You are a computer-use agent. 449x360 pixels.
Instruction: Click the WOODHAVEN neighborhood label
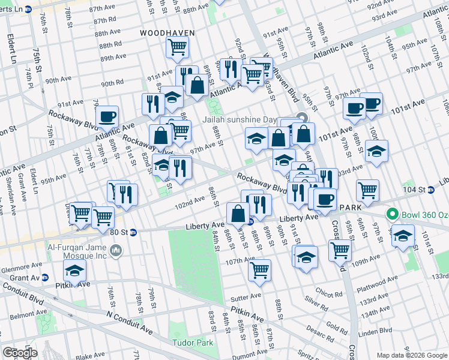(x=164, y=32)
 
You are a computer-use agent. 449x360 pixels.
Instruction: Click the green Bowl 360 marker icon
(x=393, y=214)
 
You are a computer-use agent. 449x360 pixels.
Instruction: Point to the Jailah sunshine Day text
(x=258, y=119)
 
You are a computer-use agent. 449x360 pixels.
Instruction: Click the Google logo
(x=20, y=352)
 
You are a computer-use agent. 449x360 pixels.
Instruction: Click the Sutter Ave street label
(x=247, y=296)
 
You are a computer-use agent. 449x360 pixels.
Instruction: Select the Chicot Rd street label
(x=328, y=294)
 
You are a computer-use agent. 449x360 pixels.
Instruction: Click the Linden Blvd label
(x=377, y=330)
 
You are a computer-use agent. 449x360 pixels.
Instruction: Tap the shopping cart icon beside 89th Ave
(x=178, y=46)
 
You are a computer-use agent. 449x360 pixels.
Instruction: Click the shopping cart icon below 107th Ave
(x=259, y=270)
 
